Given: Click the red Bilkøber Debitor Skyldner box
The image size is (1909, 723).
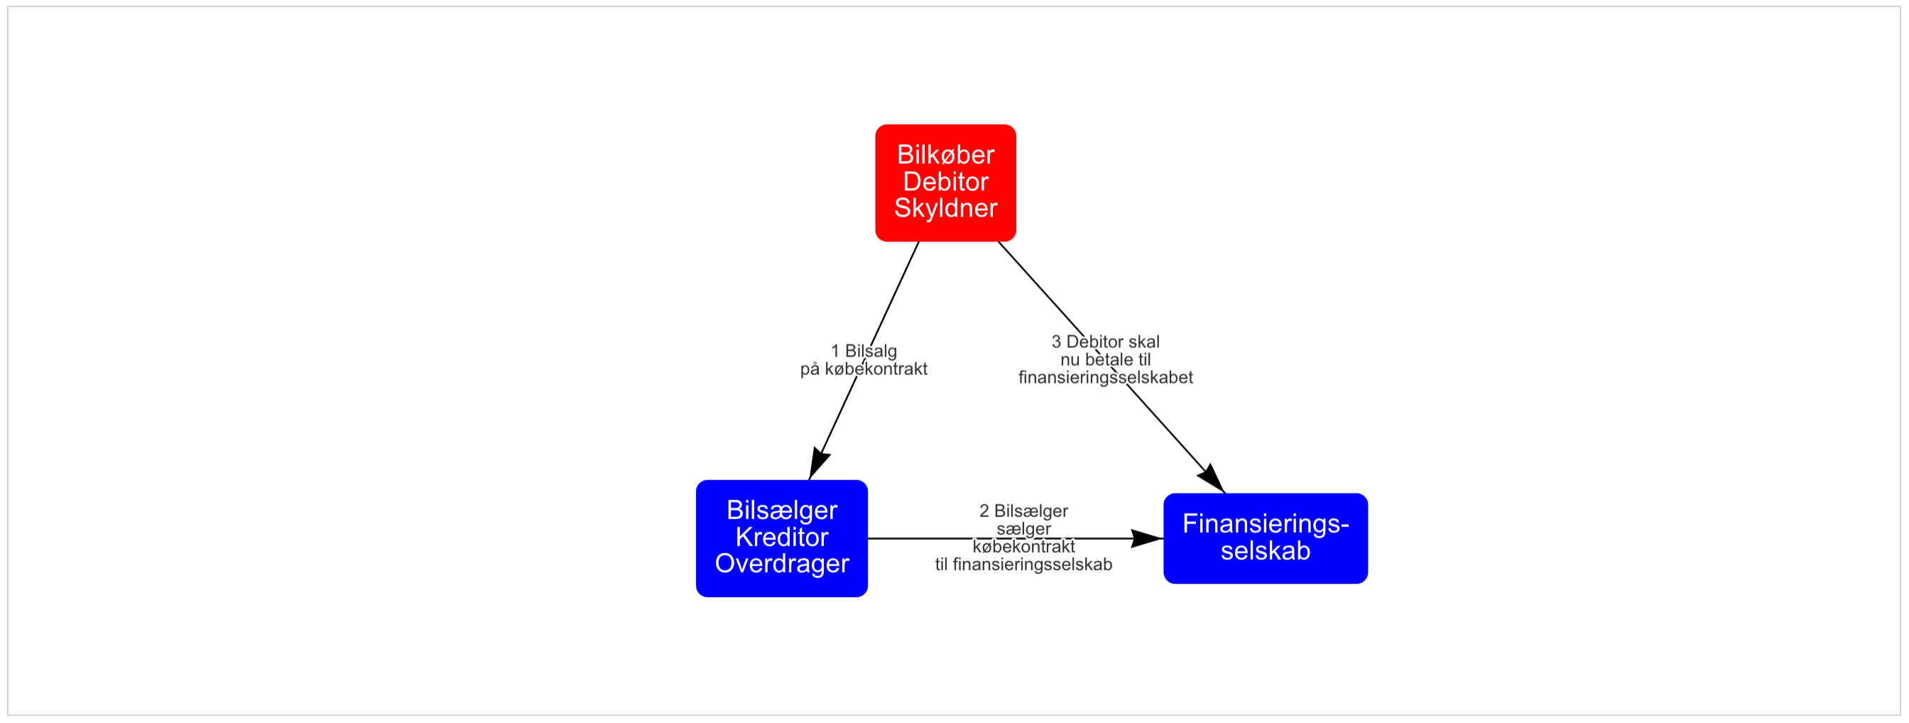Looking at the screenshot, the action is tap(945, 183).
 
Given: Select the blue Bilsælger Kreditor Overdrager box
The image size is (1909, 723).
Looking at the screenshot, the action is tap(782, 538).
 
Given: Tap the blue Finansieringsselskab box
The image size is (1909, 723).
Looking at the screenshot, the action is tap(1266, 538).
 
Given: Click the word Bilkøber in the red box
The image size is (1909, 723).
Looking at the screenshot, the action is tap(945, 155).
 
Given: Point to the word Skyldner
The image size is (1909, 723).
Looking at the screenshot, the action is tap(945, 208).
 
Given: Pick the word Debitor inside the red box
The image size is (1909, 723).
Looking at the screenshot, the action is tap(945, 182).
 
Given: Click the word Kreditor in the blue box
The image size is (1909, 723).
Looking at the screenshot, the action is tap(782, 537).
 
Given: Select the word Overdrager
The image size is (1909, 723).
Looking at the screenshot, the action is tap(782, 564).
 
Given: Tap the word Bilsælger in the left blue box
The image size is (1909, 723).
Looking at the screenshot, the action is tap(782, 511).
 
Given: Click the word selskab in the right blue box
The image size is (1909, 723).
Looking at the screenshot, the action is tap(1266, 551).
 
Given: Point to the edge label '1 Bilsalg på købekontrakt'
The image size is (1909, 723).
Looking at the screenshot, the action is tap(864, 360).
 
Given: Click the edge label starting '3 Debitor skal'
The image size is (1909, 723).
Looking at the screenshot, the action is tap(1106, 360).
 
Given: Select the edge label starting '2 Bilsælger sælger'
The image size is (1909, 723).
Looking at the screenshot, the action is tap(1023, 538).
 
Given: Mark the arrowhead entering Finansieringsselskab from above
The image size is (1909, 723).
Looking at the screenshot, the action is tap(1212, 479).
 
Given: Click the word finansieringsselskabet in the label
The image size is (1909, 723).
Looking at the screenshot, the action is tap(1106, 378).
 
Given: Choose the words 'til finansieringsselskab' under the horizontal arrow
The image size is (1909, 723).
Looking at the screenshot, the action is tap(1023, 565).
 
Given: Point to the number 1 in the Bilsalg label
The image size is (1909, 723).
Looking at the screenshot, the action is tap(835, 351).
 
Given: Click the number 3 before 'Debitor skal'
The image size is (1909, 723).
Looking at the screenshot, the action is tap(1056, 342).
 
